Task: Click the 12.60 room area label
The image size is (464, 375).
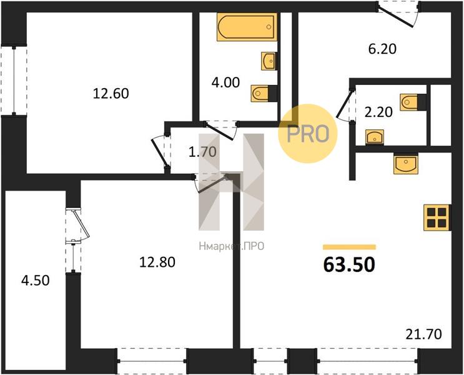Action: (111, 94)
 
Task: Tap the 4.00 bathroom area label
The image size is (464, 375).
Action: (225, 82)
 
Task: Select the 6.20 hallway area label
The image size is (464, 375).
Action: (382, 49)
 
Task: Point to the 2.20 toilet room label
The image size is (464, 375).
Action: (378, 112)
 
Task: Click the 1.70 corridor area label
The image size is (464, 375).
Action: (203, 152)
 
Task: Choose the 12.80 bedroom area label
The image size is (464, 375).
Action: (157, 262)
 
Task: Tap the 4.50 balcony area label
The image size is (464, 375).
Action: (35, 281)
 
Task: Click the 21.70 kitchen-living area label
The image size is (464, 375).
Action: (424, 334)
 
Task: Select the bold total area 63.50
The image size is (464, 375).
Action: (349, 264)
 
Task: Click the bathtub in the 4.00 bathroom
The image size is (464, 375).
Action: (247, 27)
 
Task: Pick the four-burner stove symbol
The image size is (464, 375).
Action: (437, 217)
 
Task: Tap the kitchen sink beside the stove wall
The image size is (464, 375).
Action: (406, 164)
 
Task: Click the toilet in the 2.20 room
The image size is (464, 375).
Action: (413, 102)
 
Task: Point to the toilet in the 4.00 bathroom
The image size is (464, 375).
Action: (264, 93)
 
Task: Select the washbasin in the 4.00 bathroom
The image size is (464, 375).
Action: (269, 61)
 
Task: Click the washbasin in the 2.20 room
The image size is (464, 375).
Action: (375, 137)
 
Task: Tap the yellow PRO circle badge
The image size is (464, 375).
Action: (308, 133)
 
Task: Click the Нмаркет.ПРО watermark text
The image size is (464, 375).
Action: (232, 246)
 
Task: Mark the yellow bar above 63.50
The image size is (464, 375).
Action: (349, 247)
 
